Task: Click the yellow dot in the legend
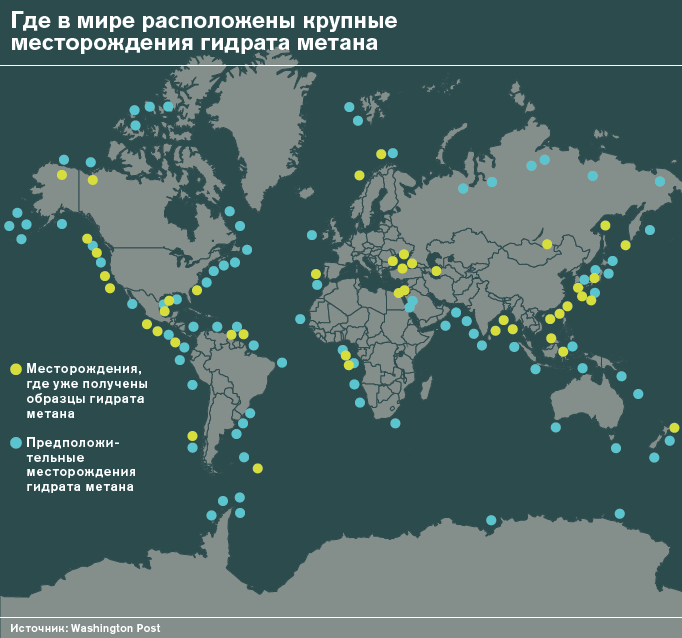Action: coord(15,369)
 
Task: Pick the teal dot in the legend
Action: coord(15,442)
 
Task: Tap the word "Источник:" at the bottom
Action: coord(39,627)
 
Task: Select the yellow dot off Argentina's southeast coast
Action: coord(257,468)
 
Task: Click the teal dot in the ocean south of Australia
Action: coord(619,514)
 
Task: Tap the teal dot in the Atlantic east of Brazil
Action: coord(282,362)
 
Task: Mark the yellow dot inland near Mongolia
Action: coord(547,244)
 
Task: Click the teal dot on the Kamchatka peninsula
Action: coord(659,181)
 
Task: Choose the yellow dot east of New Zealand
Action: coord(674,428)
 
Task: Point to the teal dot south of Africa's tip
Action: coord(395,423)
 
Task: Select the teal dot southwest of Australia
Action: coord(555,427)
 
